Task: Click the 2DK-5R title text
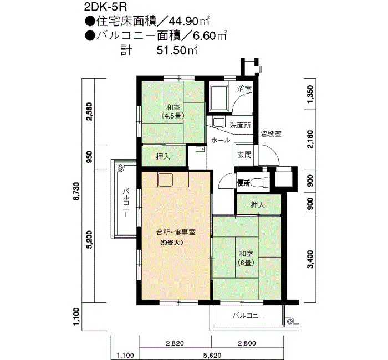(105, 7)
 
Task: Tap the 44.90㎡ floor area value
(190, 22)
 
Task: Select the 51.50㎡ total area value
(177, 50)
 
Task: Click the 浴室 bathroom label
(244, 89)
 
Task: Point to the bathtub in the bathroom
(218, 98)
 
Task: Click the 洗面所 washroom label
(240, 125)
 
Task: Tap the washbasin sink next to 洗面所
(219, 122)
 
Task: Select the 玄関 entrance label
(244, 155)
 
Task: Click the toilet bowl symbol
(259, 183)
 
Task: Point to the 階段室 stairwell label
(270, 134)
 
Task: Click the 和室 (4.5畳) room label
(173, 111)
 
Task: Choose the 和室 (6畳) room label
(246, 259)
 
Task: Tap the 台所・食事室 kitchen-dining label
(176, 232)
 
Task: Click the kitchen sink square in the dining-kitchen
(165, 180)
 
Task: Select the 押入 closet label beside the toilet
(258, 204)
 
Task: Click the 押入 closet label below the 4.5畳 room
(163, 156)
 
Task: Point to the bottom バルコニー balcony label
(249, 316)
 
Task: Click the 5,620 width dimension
(212, 356)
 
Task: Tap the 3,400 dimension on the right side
(310, 259)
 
